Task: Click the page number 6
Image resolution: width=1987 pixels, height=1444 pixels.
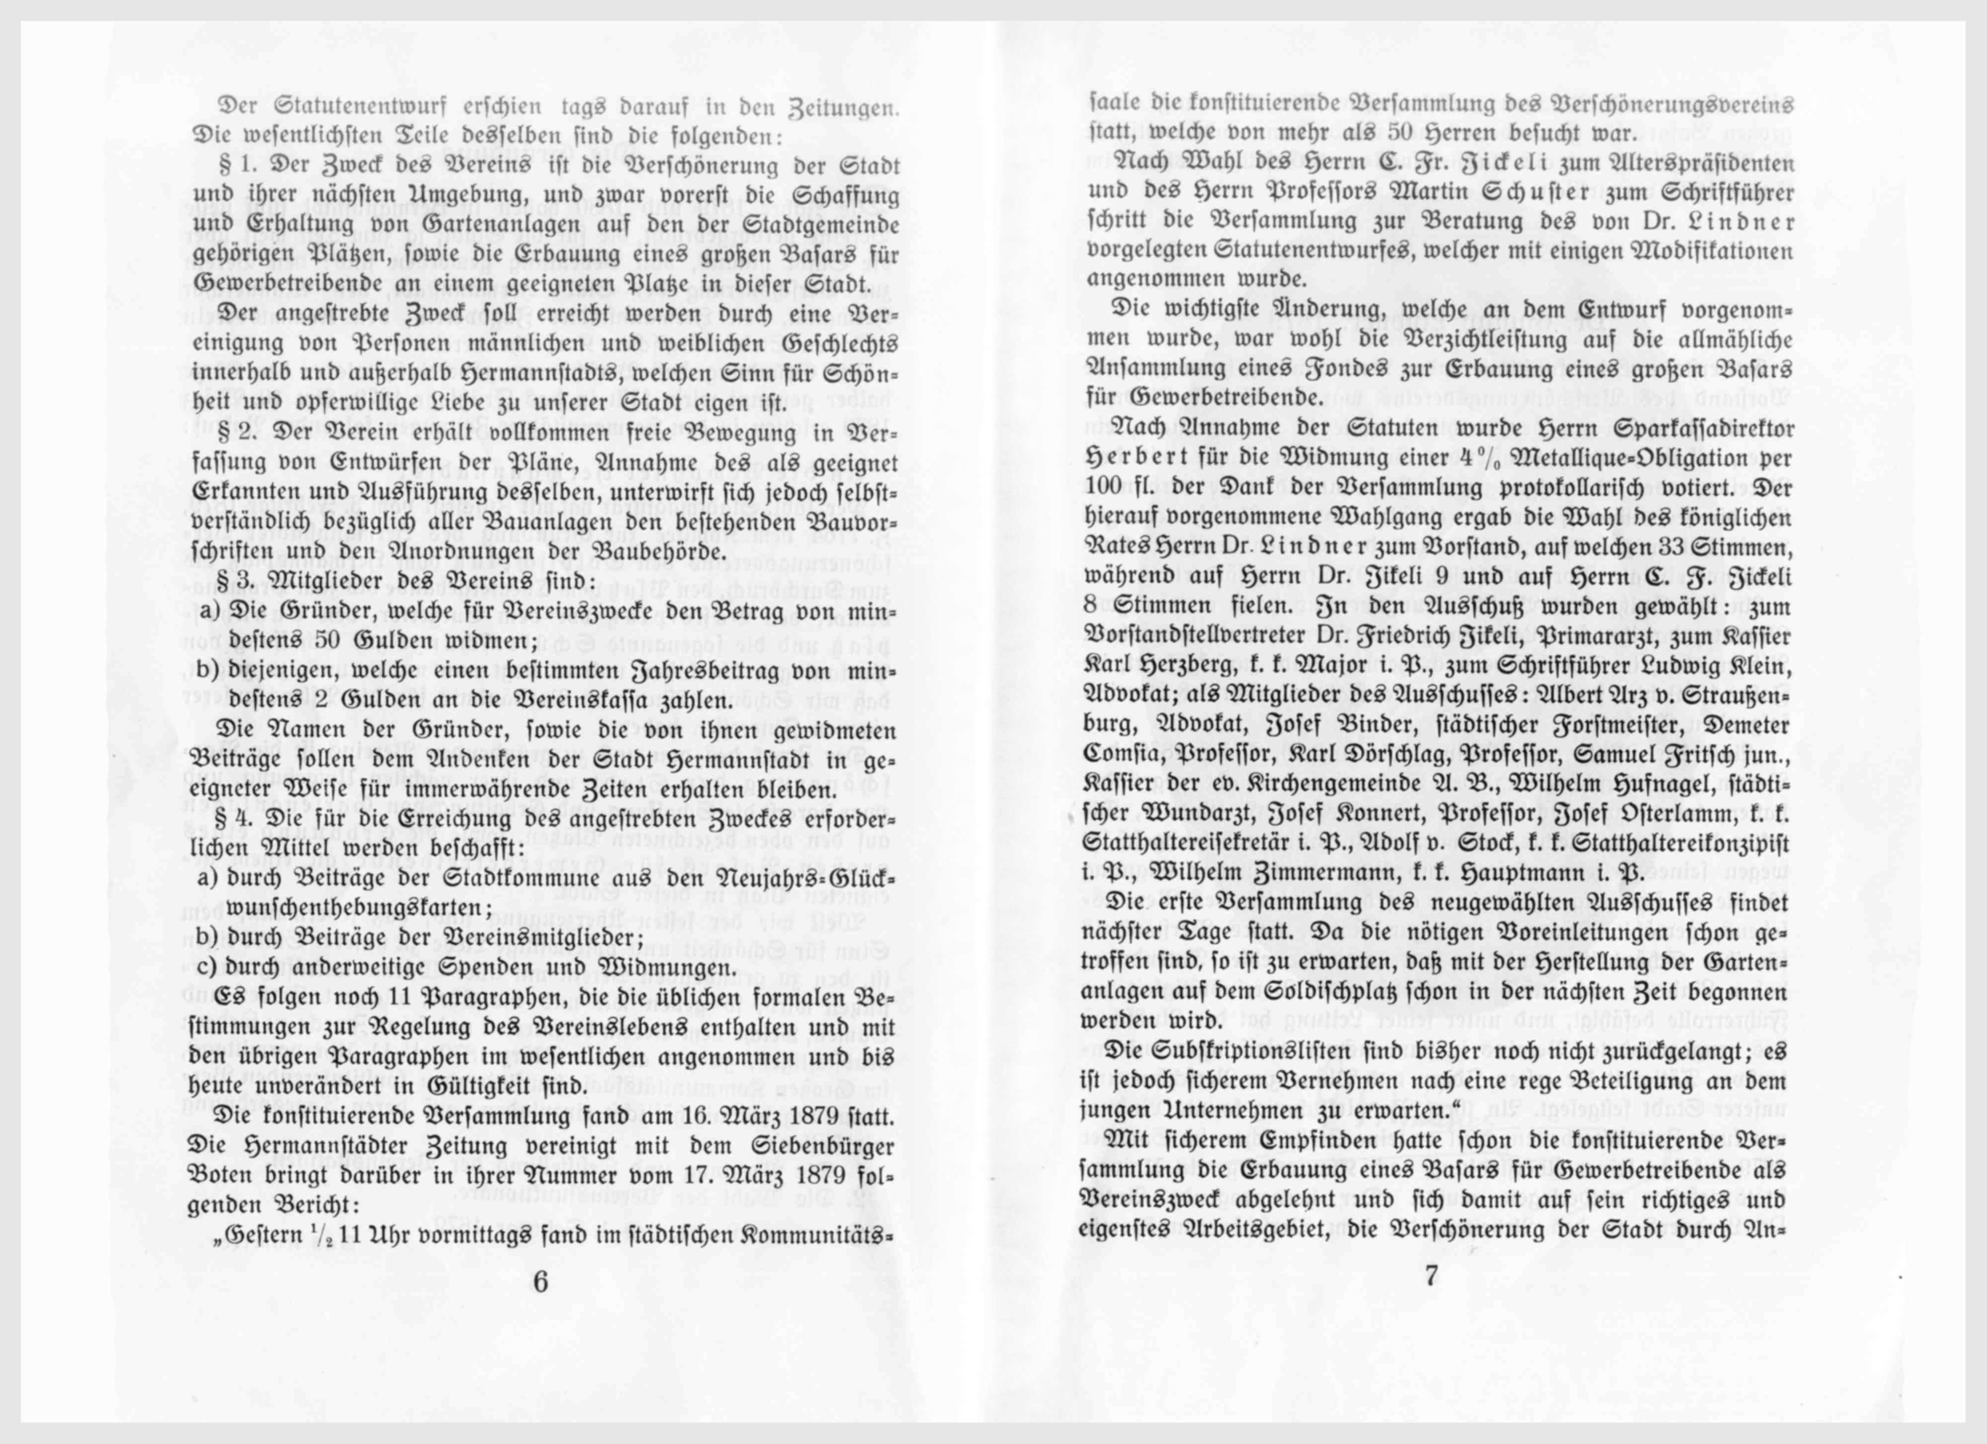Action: click(x=540, y=1282)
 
